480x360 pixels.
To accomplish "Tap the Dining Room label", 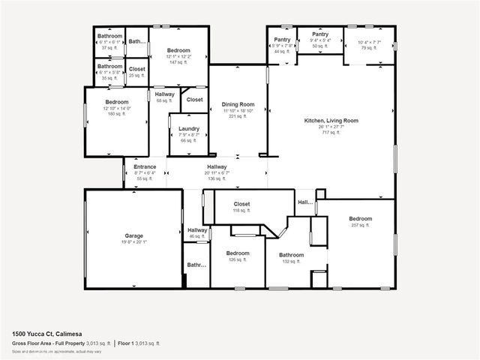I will click(238, 104).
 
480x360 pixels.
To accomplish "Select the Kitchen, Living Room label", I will click(331, 120).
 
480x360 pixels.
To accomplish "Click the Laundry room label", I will click(188, 128).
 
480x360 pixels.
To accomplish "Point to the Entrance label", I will click(145, 166).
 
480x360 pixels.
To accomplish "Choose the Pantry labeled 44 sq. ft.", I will click(282, 40).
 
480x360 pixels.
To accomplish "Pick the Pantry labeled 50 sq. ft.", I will click(320, 34).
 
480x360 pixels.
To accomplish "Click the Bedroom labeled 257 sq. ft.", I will click(360, 219).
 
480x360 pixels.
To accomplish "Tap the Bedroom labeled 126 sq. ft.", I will click(238, 253).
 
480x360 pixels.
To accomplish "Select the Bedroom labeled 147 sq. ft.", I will click(178, 50).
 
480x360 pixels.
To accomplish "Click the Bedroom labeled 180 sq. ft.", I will click(117, 102).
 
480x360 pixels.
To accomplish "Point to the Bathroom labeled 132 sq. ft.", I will click(292, 255).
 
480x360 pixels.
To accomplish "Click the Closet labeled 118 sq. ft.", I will click(241, 204).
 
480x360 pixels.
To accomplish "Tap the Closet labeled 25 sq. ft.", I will click(137, 69).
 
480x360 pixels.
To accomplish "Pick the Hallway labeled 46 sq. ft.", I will click(197, 230).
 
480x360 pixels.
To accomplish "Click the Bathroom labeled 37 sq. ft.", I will click(109, 36).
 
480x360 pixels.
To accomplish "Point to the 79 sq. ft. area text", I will click(370, 48).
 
